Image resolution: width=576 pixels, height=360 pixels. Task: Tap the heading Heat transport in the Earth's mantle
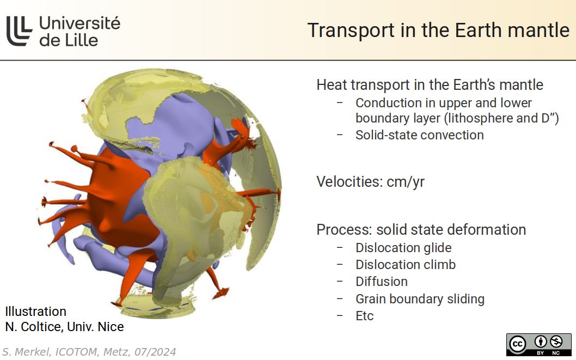430,85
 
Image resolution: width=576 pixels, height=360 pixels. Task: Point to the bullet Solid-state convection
419,135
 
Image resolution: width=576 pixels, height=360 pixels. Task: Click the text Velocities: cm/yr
370,181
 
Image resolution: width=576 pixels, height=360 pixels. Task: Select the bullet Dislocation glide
403,248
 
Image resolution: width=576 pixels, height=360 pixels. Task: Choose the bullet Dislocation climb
406,265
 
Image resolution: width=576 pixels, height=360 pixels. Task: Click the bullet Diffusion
381,282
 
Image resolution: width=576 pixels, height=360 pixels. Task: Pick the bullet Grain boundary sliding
420,299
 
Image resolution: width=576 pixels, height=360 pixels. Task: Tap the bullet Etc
364,316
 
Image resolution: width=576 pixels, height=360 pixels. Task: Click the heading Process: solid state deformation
421,230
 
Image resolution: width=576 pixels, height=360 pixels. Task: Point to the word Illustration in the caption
36,312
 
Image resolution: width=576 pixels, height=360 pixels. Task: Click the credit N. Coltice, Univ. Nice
64,327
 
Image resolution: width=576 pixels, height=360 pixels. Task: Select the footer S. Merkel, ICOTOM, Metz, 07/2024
89,352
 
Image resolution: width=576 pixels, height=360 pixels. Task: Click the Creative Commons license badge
538,344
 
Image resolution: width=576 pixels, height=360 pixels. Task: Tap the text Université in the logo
79,23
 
